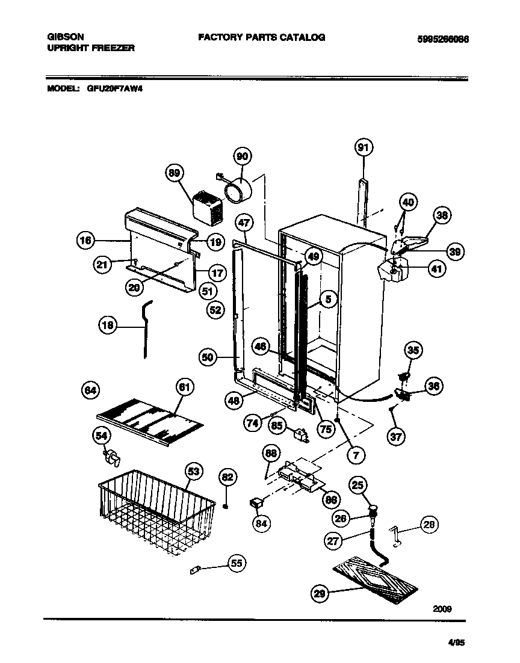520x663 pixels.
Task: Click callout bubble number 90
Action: point(242,156)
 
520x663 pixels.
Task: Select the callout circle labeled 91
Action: point(363,147)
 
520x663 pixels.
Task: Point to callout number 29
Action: point(320,594)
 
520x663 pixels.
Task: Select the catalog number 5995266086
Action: point(442,39)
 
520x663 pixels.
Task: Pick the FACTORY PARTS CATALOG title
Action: point(261,37)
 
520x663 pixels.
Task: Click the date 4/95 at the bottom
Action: point(457,643)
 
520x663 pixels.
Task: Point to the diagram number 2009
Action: point(442,608)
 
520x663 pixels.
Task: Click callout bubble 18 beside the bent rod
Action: point(108,325)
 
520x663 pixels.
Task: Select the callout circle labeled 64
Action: point(90,390)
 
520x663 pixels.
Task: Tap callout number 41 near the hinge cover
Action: point(437,270)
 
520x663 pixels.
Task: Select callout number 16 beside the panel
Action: point(87,241)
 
